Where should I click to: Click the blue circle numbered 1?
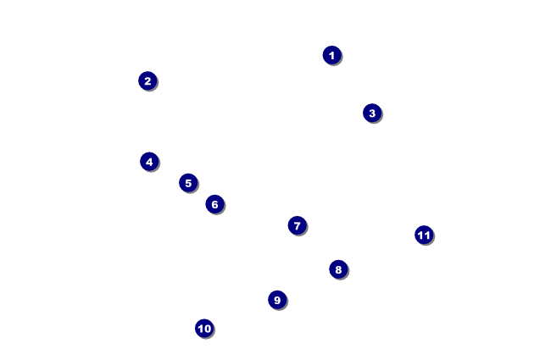pos(331,55)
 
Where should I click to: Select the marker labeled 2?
pos(147,80)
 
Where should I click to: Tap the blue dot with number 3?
pos(371,113)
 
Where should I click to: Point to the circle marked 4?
pos(149,161)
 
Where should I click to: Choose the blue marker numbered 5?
pos(188,183)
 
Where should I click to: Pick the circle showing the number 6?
pos(214,204)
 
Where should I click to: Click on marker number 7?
pos(296,225)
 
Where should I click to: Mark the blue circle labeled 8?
pos(338,269)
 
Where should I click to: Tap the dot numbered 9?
pos(276,299)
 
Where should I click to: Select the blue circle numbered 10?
pos(203,328)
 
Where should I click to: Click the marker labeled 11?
pos(424,235)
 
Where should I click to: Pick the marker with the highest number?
pos(424,235)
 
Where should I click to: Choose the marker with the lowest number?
pos(331,55)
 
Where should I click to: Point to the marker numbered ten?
pos(203,328)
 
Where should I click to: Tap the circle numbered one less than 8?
pos(296,225)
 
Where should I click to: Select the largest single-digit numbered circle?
pos(276,299)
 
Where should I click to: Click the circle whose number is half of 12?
pos(214,204)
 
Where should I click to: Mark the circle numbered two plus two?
pos(149,161)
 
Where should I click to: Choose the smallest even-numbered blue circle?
pos(147,80)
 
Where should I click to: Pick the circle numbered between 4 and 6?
pos(188,183)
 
